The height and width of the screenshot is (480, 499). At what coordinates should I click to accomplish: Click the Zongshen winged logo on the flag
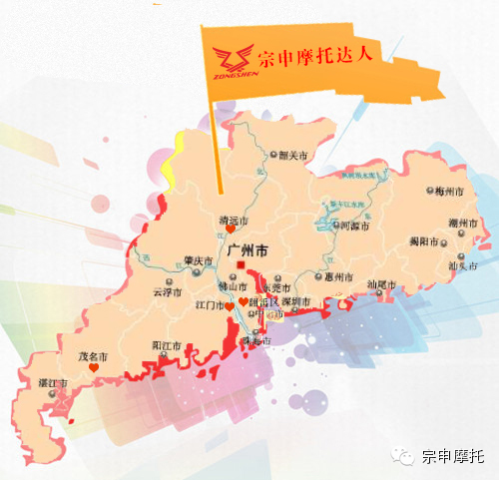pos(237,61)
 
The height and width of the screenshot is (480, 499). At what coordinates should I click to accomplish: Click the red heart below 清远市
pos(232,231)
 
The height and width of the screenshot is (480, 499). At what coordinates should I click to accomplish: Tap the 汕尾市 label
pos(381,285)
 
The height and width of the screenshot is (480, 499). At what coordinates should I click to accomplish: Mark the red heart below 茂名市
pos(93,368)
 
